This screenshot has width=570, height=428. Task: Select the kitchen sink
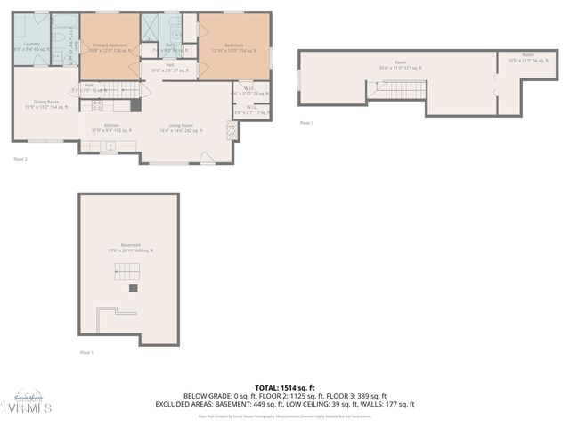tap(110, 146)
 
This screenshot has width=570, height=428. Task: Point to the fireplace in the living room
tap(232, 131)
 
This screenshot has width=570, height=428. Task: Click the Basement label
tap(131, 248)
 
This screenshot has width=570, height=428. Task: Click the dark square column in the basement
tap(133, 288)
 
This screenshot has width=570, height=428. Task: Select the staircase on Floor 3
tap(398, 89)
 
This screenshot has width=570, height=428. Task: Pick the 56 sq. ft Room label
tap(527, 58)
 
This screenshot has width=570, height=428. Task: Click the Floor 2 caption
tap(20, 159)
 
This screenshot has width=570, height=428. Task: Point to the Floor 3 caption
tap(306, 123)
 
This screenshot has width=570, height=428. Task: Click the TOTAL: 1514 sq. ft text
tap(284, 388)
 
